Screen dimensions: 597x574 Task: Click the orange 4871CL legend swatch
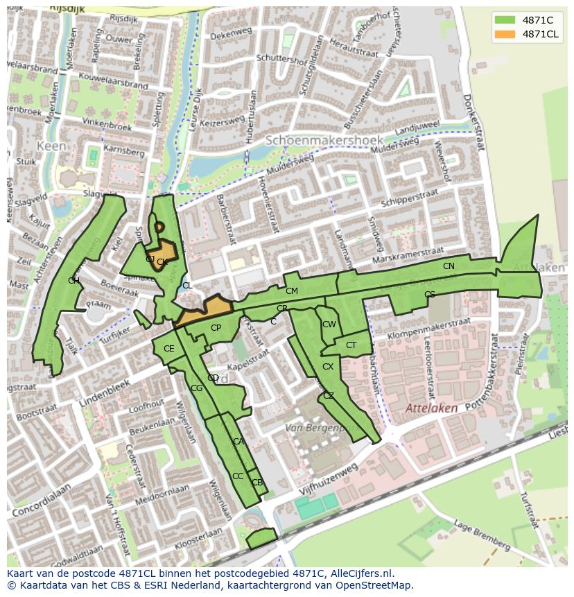[x=505, y=34]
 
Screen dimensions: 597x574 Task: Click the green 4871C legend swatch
[x=505, y=19]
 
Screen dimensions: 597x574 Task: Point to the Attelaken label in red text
[x=431, y=408]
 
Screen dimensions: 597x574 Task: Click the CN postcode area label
[x=449, y=266]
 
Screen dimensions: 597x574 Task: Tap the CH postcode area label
[x=73, y=280]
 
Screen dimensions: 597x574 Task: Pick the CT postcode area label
[x=351, y=345]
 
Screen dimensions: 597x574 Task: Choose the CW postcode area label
[x=329, y=325]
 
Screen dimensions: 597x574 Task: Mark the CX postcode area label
[x=328, y=367]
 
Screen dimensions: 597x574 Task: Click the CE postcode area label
[x=169, y=349]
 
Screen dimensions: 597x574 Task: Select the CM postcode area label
[x=291, y=291]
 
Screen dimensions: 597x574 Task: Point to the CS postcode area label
[x=430, y=295]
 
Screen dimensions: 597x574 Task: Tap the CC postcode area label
[x=238, y=476]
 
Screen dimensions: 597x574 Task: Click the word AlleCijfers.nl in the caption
[x=360, y=573]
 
